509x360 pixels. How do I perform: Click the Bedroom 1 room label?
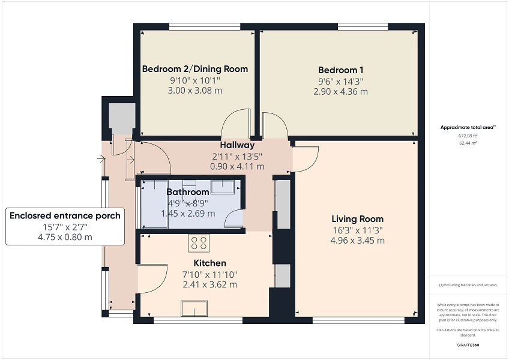click(x=340, y=70)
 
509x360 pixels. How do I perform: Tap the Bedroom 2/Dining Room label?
click(x=194, y=69)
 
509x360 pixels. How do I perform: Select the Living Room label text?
click(x=357, y=218)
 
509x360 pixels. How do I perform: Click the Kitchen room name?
click(x=209, y=263)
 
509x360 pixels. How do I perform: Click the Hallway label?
click(x=237, y=145)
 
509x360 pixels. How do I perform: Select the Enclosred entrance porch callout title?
click(x=65, y=215)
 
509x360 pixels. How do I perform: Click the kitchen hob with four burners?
click(x=199, y=242)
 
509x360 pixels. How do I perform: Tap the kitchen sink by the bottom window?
click(x=194, y=308)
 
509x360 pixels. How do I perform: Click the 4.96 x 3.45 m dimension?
click(x=357, y=241)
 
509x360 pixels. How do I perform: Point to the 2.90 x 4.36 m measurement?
click(x=340, y=92)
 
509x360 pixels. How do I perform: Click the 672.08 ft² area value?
click(x=468, y=136)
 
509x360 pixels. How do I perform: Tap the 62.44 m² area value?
click(x=468, y=143)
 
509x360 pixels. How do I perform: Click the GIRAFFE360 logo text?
click(x=468, y=345)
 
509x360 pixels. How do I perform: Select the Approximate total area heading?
click(x=468, y=127)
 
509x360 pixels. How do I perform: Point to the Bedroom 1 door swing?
click(x=271, y=124)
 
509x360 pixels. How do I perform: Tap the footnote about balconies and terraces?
click(x=468, y=284)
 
